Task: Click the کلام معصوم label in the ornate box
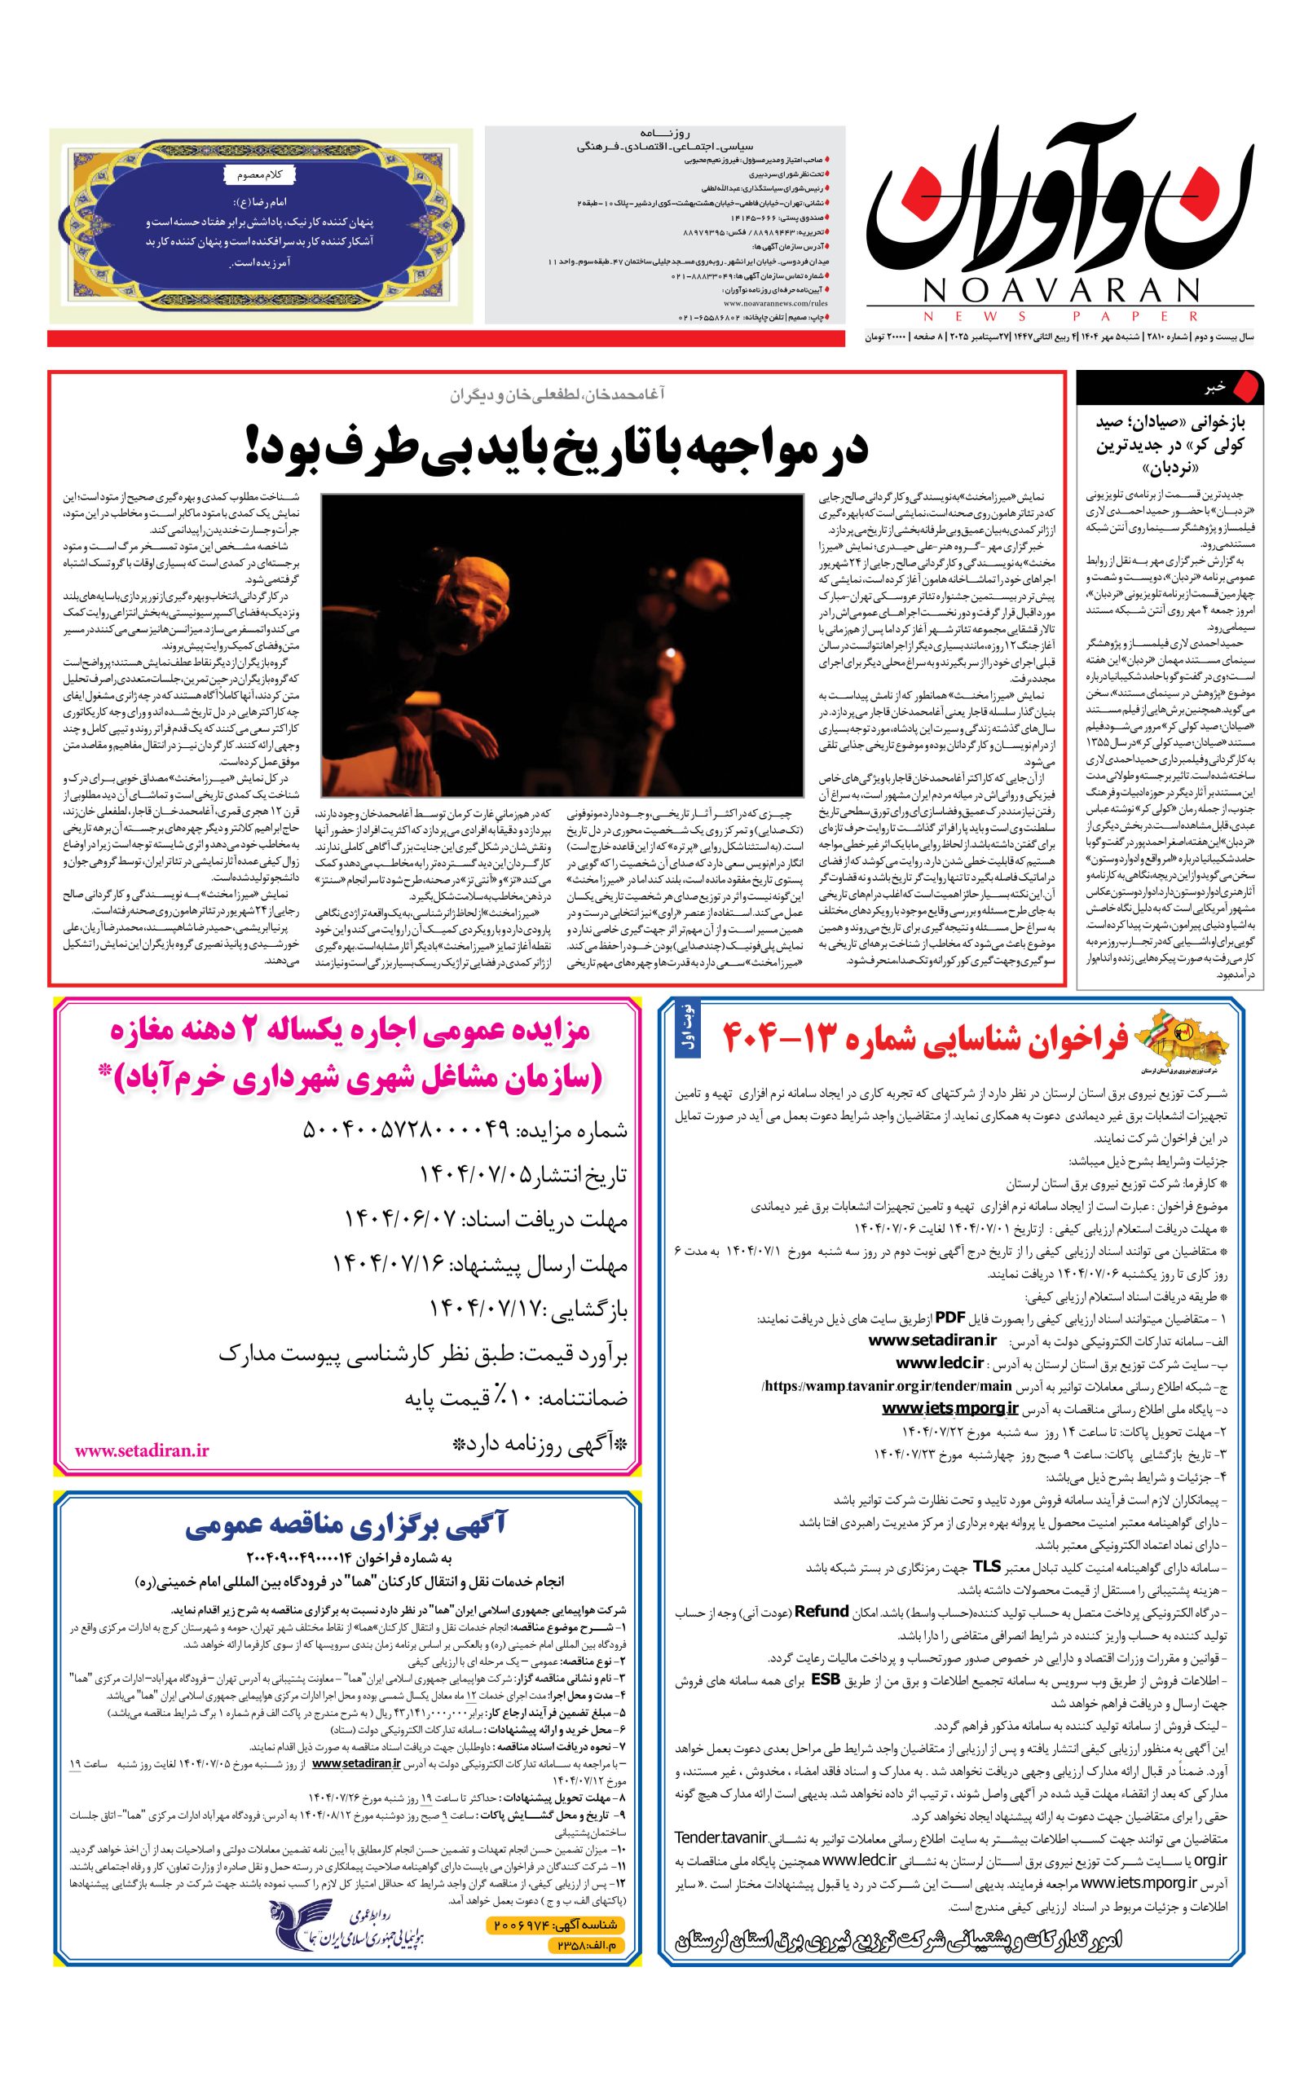pos(261,175)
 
